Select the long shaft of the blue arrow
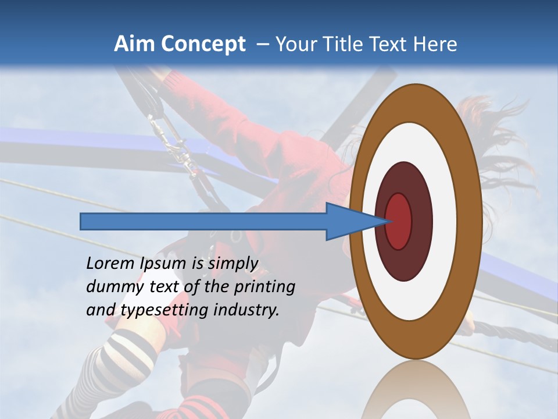coord(203,221)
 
